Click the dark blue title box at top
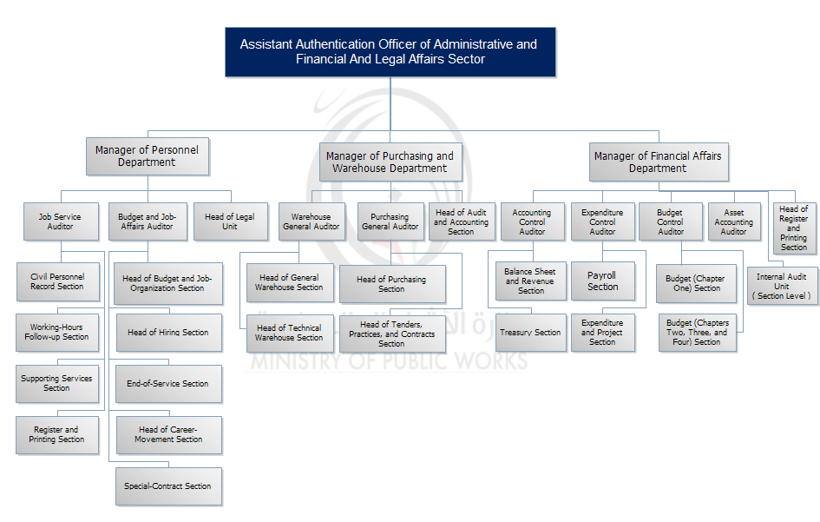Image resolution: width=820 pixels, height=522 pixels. [390, 52]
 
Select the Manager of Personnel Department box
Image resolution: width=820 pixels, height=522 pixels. [147, 156]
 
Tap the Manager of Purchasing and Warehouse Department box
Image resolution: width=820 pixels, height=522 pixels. [390, 162]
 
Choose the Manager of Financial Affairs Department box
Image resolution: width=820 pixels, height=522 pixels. [657, 162]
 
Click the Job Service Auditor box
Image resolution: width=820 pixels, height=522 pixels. [60, 221]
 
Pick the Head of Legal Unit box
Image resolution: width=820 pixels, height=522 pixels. [229, 221]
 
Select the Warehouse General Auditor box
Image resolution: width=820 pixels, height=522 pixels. [311, 221]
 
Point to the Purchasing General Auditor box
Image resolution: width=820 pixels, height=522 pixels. [390, 221]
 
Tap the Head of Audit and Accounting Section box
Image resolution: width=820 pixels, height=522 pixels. [461, 221]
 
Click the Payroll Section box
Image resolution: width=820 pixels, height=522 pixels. [602, 281]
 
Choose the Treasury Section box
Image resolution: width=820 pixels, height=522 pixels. [530, 333]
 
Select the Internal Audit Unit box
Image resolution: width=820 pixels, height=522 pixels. [782, 286]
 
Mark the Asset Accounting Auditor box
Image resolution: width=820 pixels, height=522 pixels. [733, 221]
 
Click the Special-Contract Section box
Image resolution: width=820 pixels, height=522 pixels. [167, 486]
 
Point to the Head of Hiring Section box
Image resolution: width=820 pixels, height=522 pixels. [167, 333]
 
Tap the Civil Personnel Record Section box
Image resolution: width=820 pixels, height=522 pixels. [57, 281]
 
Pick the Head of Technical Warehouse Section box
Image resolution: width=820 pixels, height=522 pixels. [289, 333]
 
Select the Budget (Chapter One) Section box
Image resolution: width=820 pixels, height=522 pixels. [695, 284]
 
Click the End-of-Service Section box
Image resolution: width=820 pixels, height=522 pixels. [167, 384]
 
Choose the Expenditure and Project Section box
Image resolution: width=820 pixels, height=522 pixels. [602, 333]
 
